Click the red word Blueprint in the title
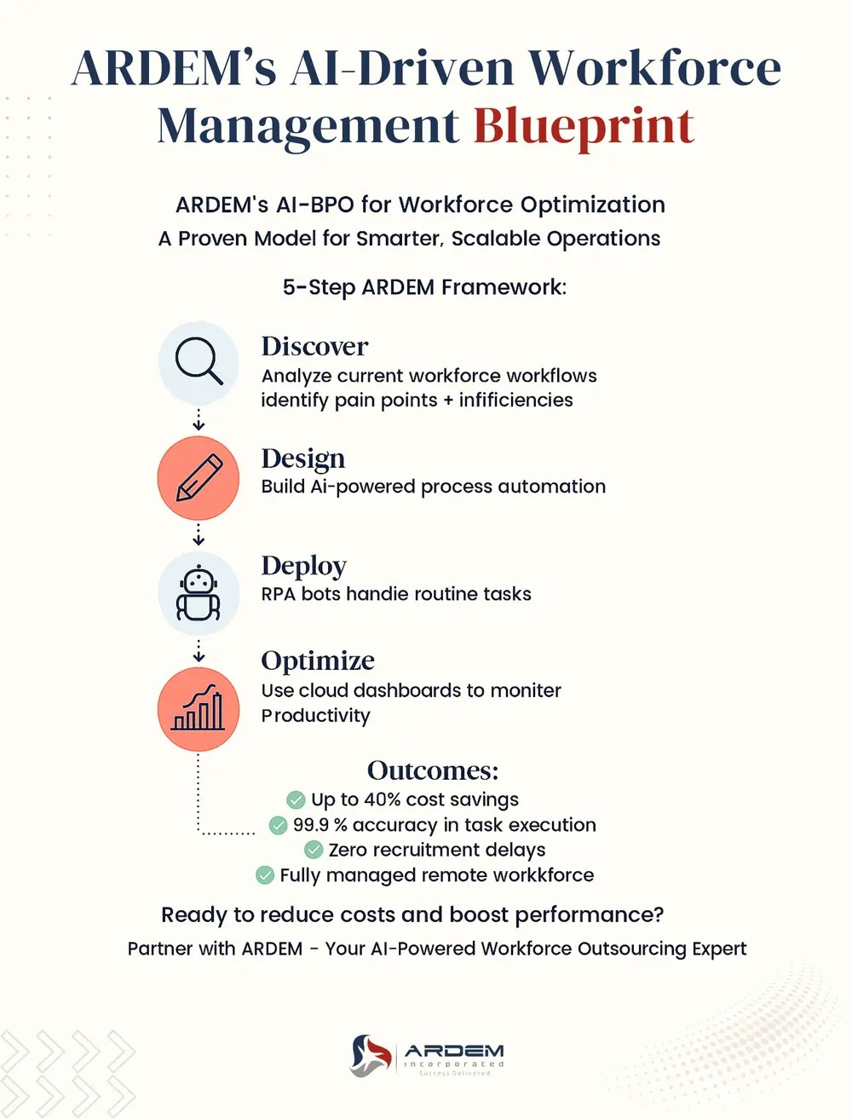tap(584, 126)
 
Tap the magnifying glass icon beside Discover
tap(199, 361)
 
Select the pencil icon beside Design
tap(199, 477)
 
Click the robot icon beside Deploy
tap(199, 592)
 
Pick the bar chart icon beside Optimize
tap(199, 709)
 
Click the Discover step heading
tap(314, 346)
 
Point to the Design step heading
tap(303, 459)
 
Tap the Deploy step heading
tap(304, 566)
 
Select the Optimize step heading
tap(318, 660)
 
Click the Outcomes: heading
tap(433, 770)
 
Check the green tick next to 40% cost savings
tap(296, 799)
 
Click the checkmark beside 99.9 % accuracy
tap(278, 825)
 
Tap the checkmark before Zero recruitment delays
tap(314, 850)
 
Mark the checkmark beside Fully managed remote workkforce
tap(265, 875)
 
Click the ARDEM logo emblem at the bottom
tap(371, 1055)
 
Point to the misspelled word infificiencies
tap(515, 401)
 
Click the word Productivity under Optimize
tap(316, 716)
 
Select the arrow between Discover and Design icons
tap(199, 419)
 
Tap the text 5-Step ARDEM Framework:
tap(424, 287)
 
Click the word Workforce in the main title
tap(654, 68)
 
